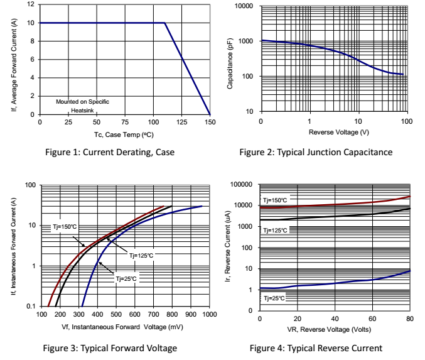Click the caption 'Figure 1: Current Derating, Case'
coord(111,152)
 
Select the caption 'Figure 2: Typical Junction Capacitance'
coord(316,152)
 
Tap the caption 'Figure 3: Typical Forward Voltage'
coord(109,348)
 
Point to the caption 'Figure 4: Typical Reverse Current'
coord(316,348)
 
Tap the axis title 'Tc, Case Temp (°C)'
coord(124,134)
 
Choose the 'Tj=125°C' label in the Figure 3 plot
coord(142,256)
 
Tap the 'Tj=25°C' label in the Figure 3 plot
coord(126,278)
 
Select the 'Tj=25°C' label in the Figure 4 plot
coord(275,298)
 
